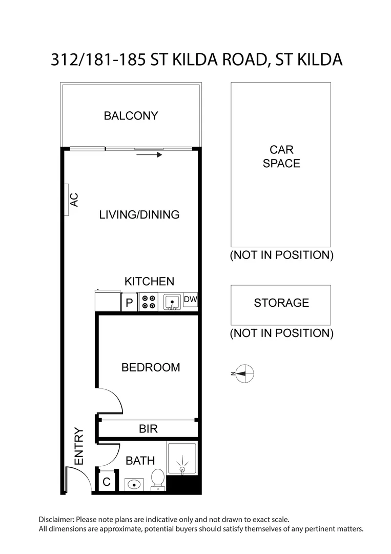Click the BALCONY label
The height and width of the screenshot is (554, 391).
click(131, 115)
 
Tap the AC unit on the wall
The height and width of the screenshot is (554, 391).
click(70, 200)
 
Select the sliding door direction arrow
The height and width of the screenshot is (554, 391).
click(152, 154)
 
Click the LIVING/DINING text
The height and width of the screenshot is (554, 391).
click(139, 214)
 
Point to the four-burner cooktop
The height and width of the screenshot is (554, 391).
click(149, 302)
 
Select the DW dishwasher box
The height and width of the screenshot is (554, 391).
click(190, 300)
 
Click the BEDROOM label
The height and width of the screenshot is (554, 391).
click(150, 367)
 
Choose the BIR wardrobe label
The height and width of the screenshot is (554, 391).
click(148, 429)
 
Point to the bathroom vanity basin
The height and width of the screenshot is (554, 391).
click(134, 483)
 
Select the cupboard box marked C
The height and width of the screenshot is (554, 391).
click(107, 482)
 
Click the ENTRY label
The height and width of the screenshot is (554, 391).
click(79, 446)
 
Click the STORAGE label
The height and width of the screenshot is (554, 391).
click(281, 303)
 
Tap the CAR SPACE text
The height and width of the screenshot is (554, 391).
click(281, 156)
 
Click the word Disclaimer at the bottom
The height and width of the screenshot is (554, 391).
click(56, 519)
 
